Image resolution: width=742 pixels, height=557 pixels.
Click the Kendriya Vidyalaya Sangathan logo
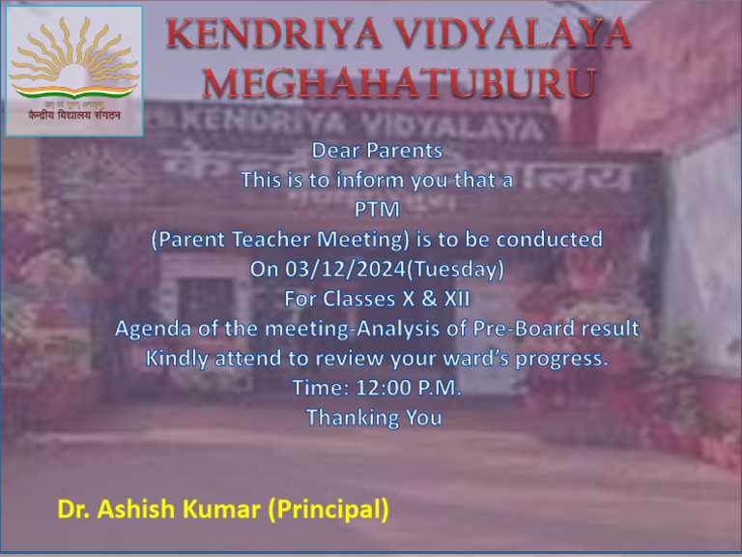click(74, 70)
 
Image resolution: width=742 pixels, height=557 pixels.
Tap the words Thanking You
click(374, 418)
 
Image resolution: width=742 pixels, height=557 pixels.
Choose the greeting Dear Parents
click(377, 151)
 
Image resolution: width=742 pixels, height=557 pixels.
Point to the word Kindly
click(176, 359)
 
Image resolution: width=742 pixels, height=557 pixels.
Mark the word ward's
click(467, 359)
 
